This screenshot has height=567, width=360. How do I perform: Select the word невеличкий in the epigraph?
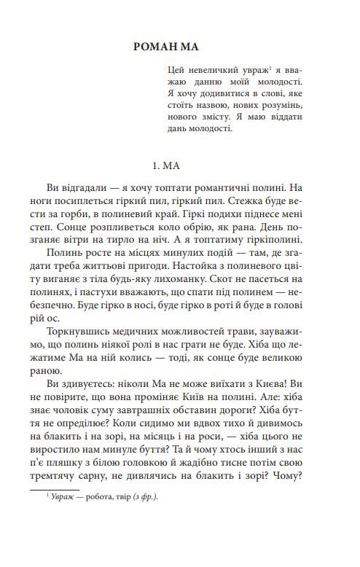pos(216,72)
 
